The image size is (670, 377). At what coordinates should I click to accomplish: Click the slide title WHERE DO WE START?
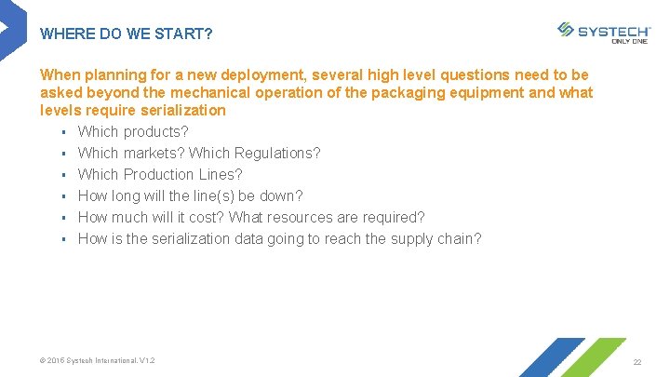point(127,34)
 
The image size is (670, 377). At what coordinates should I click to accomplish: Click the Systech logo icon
point(565,30)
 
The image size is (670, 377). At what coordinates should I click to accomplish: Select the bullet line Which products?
point(133,131)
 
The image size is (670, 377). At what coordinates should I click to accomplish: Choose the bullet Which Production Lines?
point(160,174)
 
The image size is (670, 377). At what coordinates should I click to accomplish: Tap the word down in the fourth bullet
point(281,195)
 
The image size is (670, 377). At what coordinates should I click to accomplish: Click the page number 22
point(637,361)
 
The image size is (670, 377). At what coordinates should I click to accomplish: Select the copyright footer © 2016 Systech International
point(98,360)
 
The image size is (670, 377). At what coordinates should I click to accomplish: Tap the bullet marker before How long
point(61,195)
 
